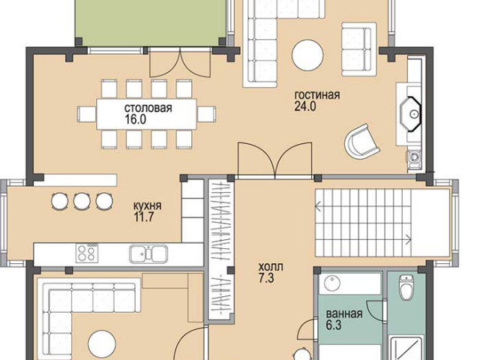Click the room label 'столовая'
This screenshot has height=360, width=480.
pyautogui.click(x=148, y=108)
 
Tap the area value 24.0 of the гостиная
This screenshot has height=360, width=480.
pyautogui.click(x=305, y=106)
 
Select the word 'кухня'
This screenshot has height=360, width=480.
pyautogui.click(x=147, y=205)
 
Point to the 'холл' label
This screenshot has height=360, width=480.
pyautogui.click(x=271, y=267)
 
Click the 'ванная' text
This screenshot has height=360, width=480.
pyautogui.click(x=344, y=313)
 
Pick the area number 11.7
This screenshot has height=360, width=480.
pyautogui.click(x=143, y=217)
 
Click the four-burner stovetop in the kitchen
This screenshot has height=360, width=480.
pyautogui.click(x=87, y=253)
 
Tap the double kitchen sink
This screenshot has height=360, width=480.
pyautogui.click(x=148, y=254)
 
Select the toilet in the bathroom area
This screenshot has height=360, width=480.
pyautogui.click(x=406, y=287)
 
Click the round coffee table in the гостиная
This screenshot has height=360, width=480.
pyautogui.click(x=307, y=55)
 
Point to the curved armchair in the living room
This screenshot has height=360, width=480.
pyautogui.click(x=362, y=142)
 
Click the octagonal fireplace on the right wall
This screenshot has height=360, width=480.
pyautogui.click(x=410, y=114)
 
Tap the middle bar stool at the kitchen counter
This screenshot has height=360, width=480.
pyautogui.click(x=82, y=201)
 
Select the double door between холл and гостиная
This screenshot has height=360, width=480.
pyautogui.click(x=275, y=160)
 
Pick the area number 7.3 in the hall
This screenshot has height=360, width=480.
pyautogui.click(x=266, y=278)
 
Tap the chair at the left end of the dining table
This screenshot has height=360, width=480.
pyautogui.click(x=87, y=114)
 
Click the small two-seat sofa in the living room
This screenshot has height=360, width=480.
pyautogui.click(x=358, y=49)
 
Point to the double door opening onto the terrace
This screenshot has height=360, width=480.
pyautogui.click(x=181, y=63)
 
